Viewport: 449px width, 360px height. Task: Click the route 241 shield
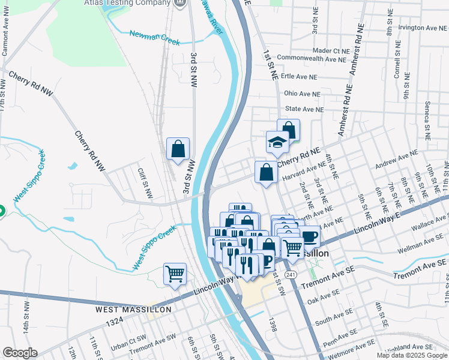tap(291, 274)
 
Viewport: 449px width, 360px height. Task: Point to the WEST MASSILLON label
tap(133, 310)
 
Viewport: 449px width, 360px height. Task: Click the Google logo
tap(20, 353)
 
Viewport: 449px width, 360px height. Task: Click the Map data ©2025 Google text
tap(411, 355)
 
